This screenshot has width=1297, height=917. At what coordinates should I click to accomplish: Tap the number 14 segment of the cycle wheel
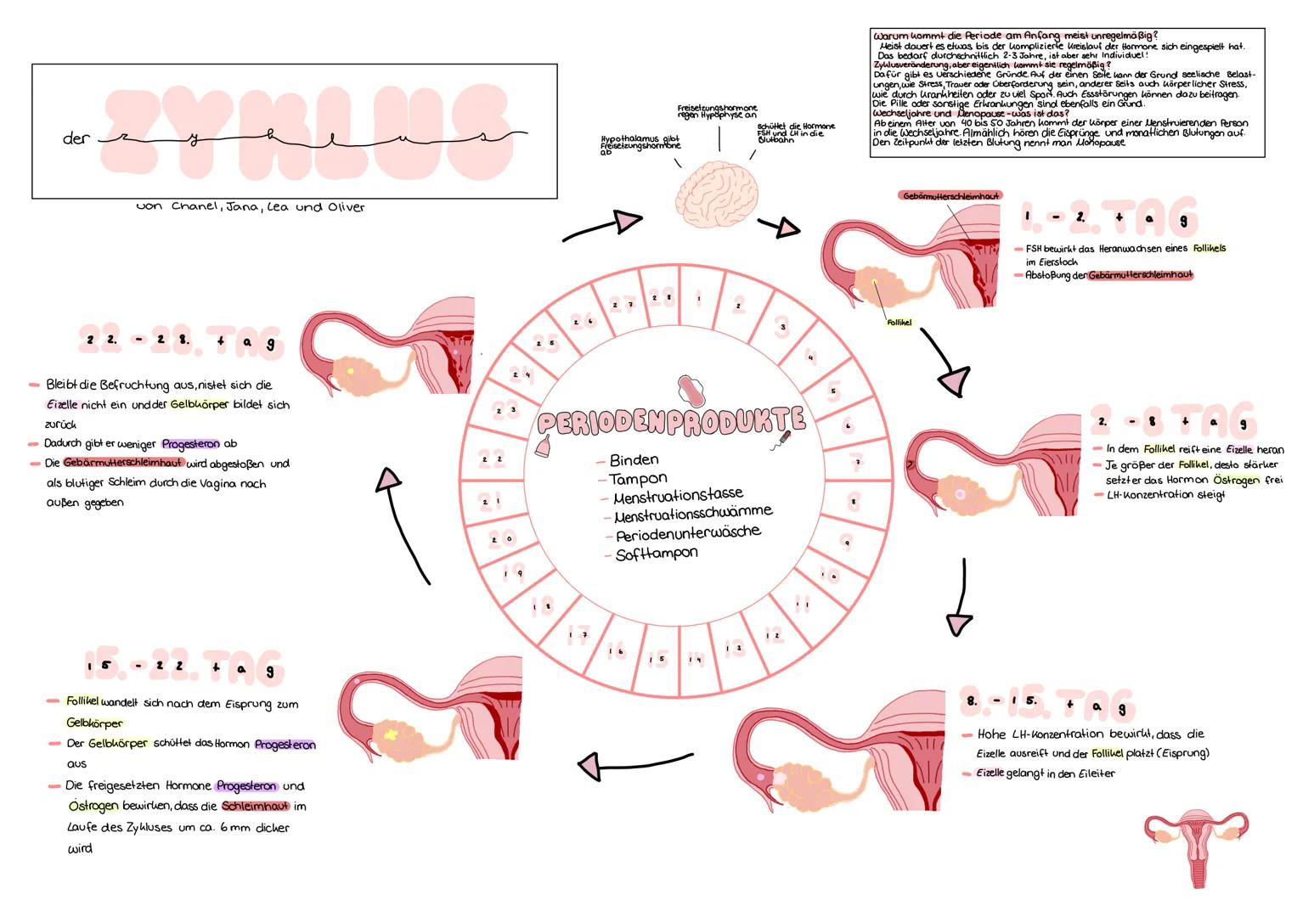point(696,659)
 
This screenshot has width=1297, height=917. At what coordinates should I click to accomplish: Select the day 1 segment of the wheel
point(698,299)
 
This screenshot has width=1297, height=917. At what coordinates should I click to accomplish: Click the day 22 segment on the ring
point(492,459)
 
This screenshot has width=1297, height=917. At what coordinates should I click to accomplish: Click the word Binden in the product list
point(634,459)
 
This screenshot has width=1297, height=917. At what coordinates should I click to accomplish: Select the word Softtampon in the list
point(657,553)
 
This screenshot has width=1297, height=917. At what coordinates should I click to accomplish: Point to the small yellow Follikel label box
point(899,323)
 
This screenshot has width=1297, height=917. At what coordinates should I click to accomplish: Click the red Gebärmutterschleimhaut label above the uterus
point(950,195)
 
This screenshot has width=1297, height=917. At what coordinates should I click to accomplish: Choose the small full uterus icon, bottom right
point(1196,844)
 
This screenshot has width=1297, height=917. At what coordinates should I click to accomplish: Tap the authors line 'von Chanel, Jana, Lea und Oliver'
point(251,207)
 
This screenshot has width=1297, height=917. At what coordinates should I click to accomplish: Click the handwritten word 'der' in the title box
point(75,138)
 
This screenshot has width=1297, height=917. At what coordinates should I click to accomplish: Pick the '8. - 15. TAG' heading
point(1046,704)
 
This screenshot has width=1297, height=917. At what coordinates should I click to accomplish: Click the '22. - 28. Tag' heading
point(180,341)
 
